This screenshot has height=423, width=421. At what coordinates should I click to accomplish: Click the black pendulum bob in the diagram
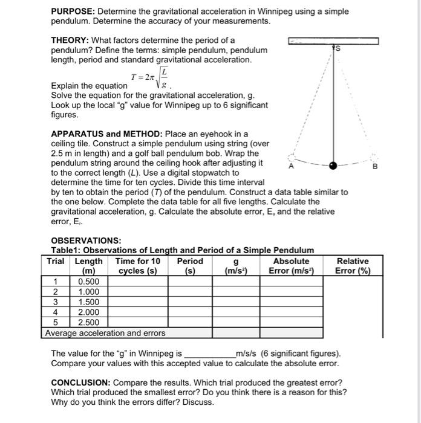pos(333,165)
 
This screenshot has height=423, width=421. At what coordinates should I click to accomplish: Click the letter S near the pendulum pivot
pos(338,48)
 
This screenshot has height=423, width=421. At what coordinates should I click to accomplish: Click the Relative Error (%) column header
pos(353,266)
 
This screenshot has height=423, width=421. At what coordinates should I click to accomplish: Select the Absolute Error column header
pos(292,266)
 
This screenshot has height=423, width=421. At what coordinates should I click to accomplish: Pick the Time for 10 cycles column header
pos(138,266)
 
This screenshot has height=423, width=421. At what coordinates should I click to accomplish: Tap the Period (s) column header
pos(190,266)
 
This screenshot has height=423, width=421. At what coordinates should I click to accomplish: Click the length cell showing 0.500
pos(88,282)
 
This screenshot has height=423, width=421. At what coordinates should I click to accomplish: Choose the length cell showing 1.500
pos(88,302)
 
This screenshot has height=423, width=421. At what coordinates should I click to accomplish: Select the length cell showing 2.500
pos(88,323)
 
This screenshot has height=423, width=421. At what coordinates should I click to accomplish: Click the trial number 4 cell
pos(55,312)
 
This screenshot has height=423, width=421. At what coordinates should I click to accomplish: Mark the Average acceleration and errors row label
pos(105,333)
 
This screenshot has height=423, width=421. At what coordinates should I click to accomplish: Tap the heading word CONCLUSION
pos(80,383)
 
